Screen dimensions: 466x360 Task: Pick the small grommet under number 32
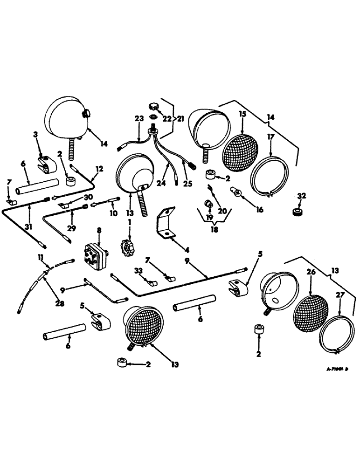(297, 212)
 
